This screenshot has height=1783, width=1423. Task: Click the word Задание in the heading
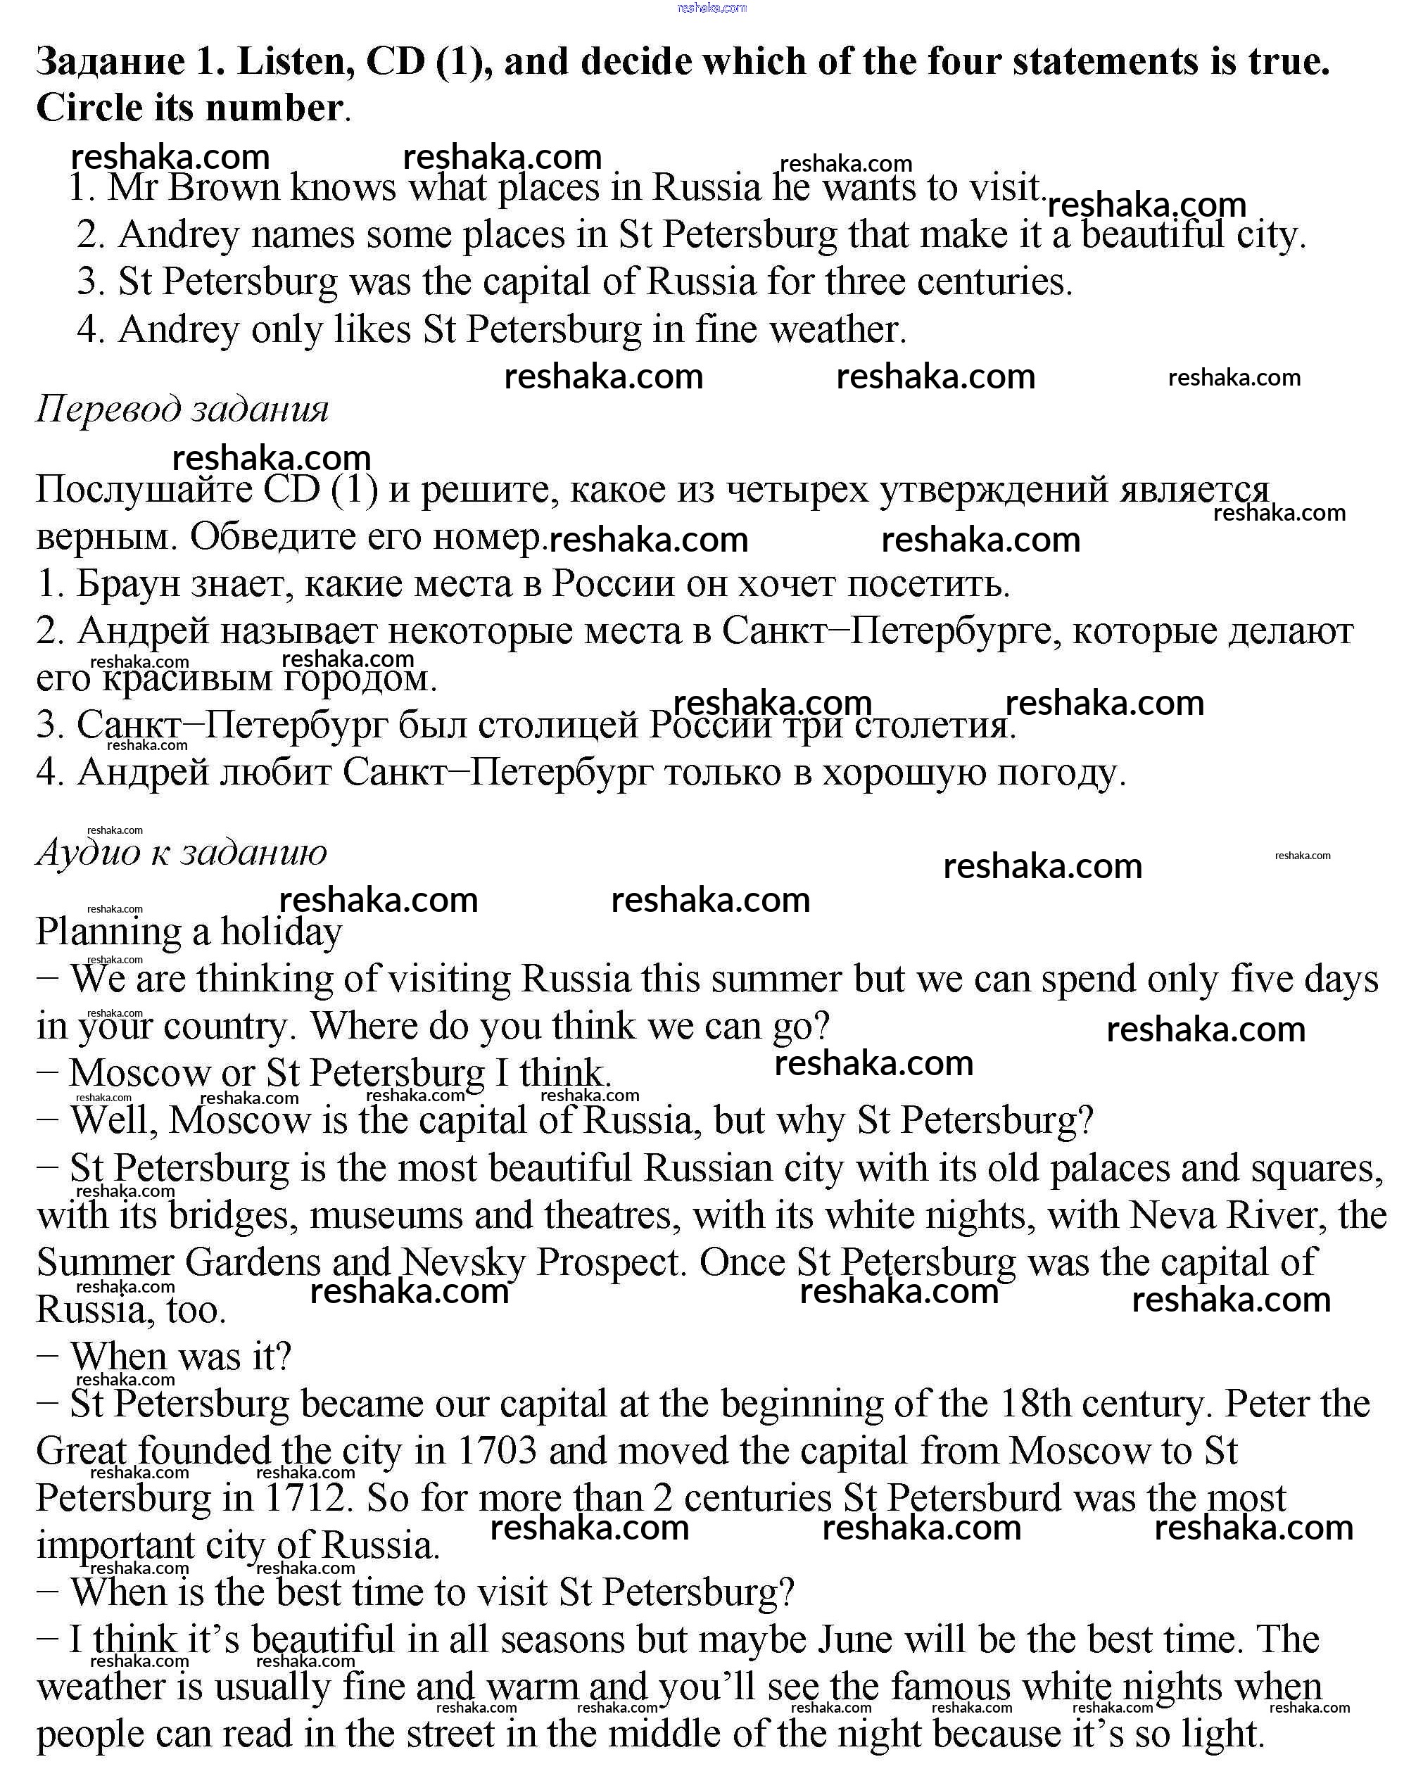[x=111, y=63]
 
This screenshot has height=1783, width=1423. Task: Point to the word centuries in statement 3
[x=994, y=283]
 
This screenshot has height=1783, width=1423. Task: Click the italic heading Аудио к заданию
[x=182, y=853]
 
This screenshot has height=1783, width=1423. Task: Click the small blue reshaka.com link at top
[x=711, y=8]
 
